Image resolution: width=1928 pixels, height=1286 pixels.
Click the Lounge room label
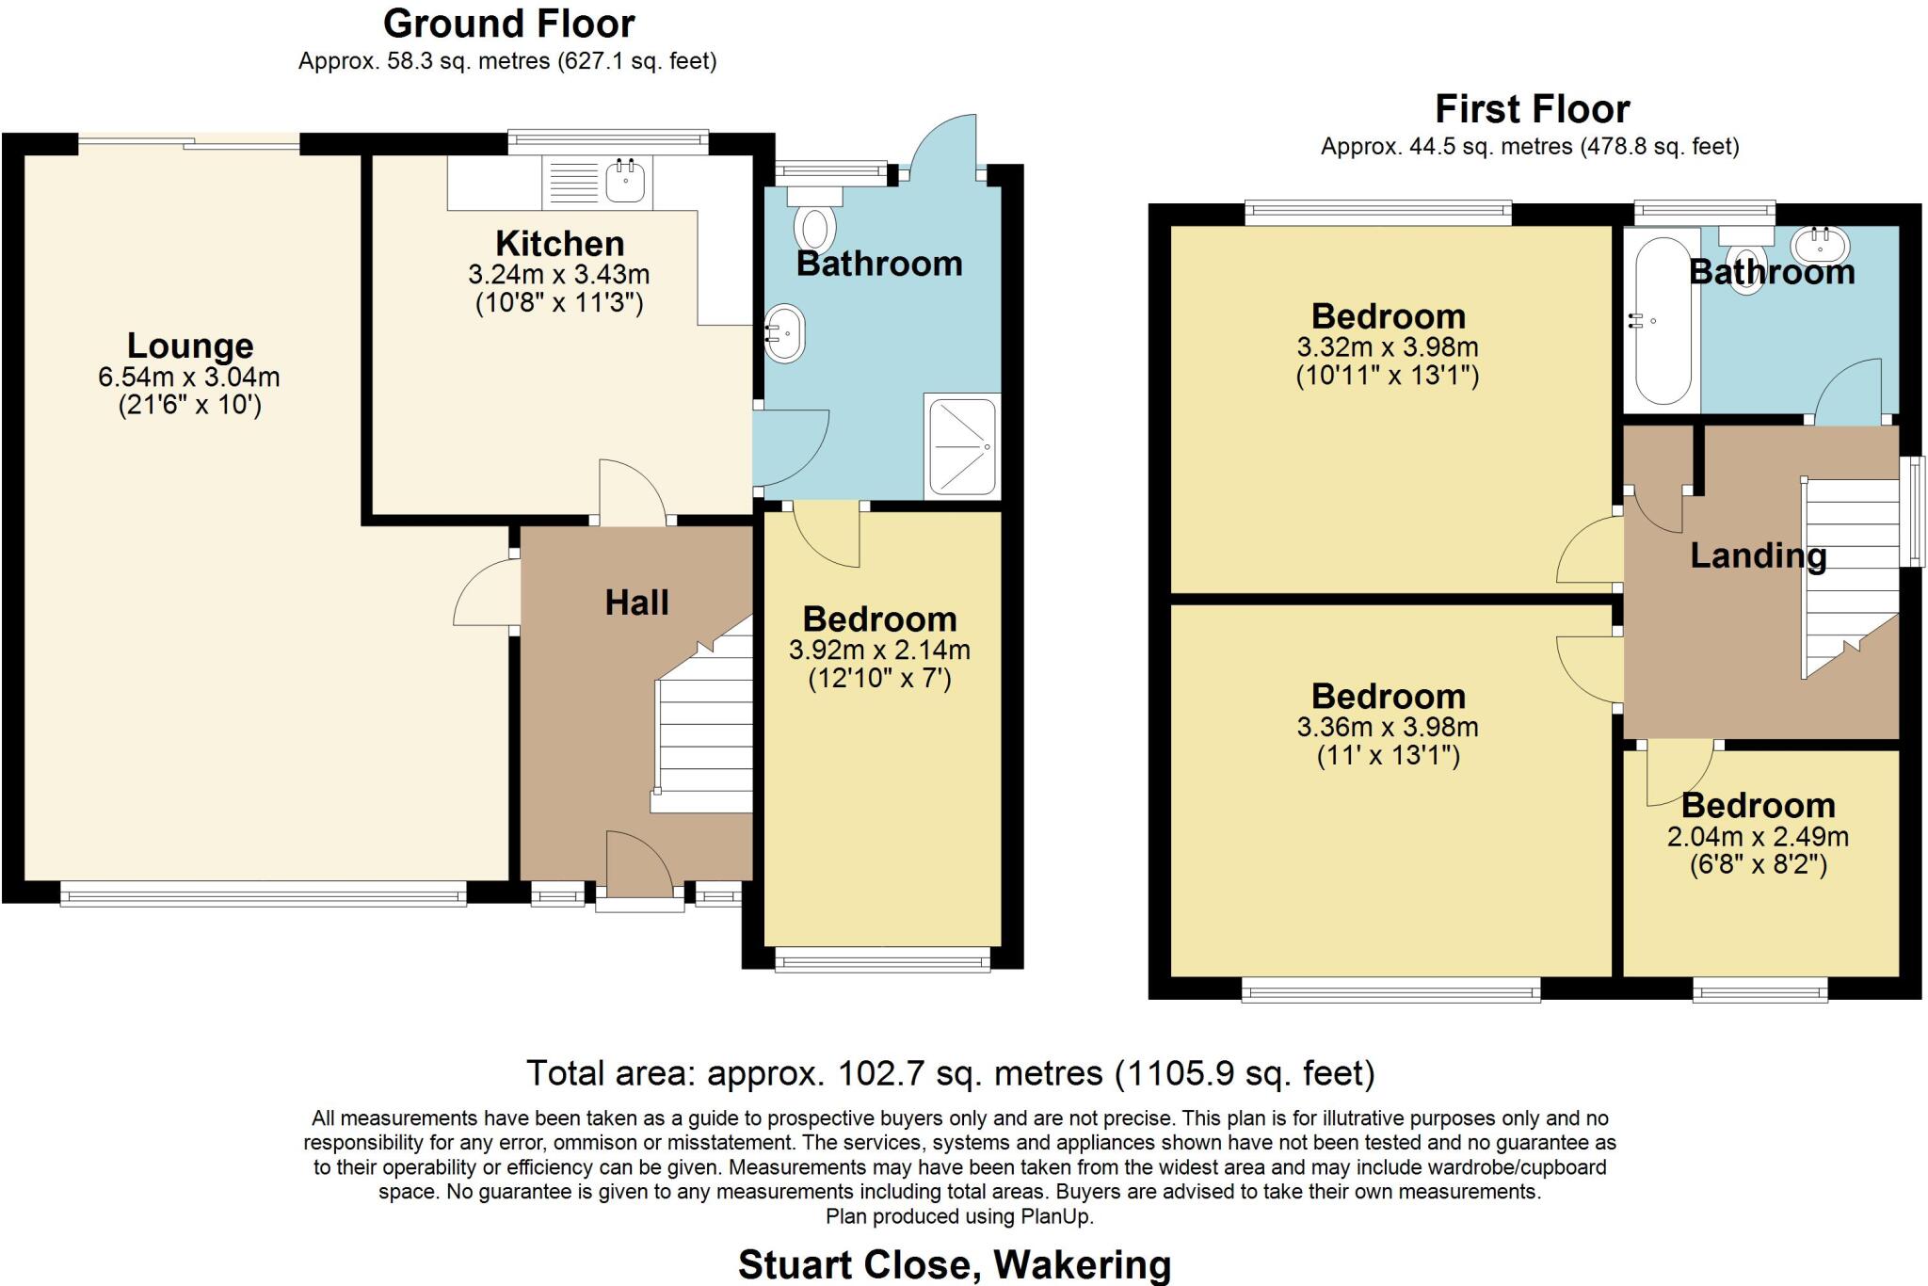point(190,346)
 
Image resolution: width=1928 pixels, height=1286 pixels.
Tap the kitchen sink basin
point(625,180)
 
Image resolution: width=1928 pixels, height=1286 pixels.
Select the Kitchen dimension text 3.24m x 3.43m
point(559,274)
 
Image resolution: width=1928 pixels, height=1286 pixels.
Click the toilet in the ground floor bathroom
point(814,217)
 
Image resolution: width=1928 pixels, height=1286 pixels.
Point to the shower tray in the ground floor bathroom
point(962,445)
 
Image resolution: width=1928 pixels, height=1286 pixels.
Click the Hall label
point(636,603)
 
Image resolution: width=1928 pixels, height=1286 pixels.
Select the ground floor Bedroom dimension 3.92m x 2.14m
point(879,650)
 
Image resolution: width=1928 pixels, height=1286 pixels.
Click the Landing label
point(1758,555)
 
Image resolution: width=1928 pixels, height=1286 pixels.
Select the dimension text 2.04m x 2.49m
point(1758,836)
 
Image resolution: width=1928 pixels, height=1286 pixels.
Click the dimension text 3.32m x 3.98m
point(1388,346)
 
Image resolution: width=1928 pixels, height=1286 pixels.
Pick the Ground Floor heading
point(508,24)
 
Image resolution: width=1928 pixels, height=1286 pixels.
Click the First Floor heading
point(1532,109)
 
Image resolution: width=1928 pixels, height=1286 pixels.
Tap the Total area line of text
point(951,1073)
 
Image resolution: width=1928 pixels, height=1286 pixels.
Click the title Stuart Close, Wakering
point(955,1265)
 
